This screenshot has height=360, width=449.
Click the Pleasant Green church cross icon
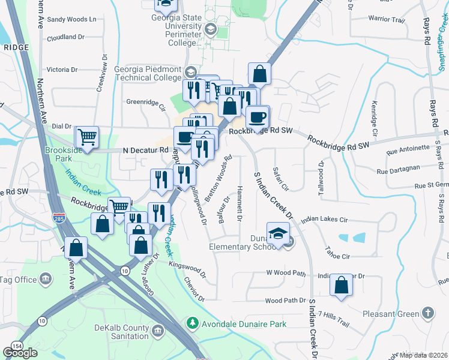(x=427, y=313)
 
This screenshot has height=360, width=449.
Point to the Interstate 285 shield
(x=58, y=214)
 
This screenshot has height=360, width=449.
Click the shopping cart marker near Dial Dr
(x=88, y=137)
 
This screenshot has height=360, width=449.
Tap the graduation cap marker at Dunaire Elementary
(x=277, y=233)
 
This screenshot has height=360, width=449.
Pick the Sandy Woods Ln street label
(x=71, y=19)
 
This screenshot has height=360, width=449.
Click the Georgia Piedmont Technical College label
(x=139, y=73)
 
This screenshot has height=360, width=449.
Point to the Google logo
(x=20, y=353)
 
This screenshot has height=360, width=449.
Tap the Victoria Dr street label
(x=67, y=70)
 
